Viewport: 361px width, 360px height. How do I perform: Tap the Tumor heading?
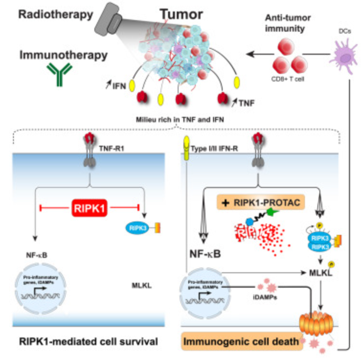167,13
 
